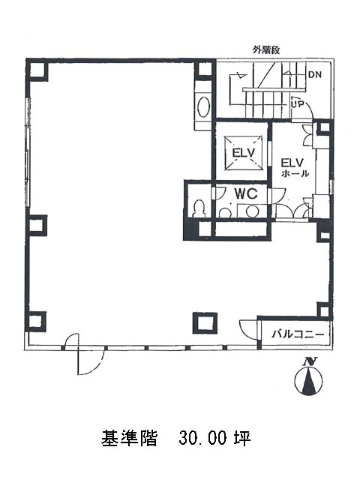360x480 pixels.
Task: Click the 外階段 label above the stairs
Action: (x=266, y=50)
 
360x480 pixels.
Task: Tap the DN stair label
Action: (x=315, y=74)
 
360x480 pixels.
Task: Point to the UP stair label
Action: (x=297, y=104)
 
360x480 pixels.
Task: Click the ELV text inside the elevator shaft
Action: (x=243, y=152)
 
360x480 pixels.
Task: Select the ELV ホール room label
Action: (x=295, y=167)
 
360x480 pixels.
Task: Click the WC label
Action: (x=246, y=193)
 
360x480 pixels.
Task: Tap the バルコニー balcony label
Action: (x=298, y=334)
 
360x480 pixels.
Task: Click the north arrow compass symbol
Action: (x=308, y=380)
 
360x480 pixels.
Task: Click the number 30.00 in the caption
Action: (x=202, y=438)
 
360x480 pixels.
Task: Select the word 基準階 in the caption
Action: (x=129, y=438)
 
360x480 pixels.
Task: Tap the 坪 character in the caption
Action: (x=242, y=438)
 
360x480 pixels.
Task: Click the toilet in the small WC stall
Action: (x=199, y=208)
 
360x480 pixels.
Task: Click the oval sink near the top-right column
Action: (x=203, y=107)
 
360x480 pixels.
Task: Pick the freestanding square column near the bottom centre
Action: (x=205, y=323)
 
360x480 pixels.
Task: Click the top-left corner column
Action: (x=37, y=70)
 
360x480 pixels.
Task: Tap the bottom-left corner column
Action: (x=37, y=322)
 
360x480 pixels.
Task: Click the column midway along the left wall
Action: (x=37, y=226)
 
